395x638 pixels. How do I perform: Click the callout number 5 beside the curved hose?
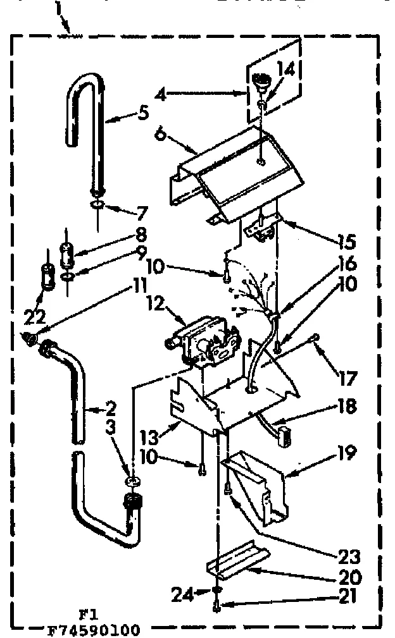click(x=143, y=114)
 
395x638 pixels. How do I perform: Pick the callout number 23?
click(x=350, y=556)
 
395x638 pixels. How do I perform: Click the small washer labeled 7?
click(x=97, y=205)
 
